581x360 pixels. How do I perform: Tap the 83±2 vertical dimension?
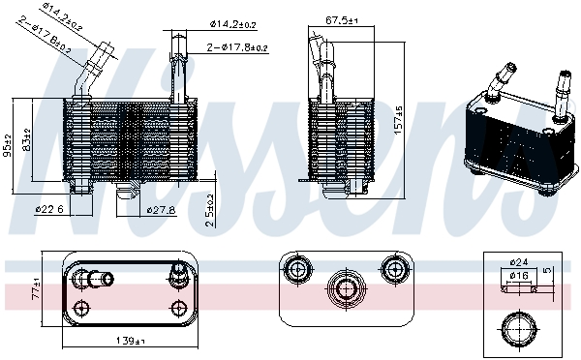click(x=28, y=141)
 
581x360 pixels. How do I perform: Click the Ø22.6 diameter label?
click(x=50, y=209)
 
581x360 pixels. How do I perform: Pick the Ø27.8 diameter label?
click(x=161, y=209)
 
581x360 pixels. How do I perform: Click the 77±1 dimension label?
click(x=35, y=289)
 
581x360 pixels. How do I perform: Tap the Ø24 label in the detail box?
click(x=522, y=260)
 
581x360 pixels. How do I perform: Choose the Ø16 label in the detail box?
click(x=522, y=276)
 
